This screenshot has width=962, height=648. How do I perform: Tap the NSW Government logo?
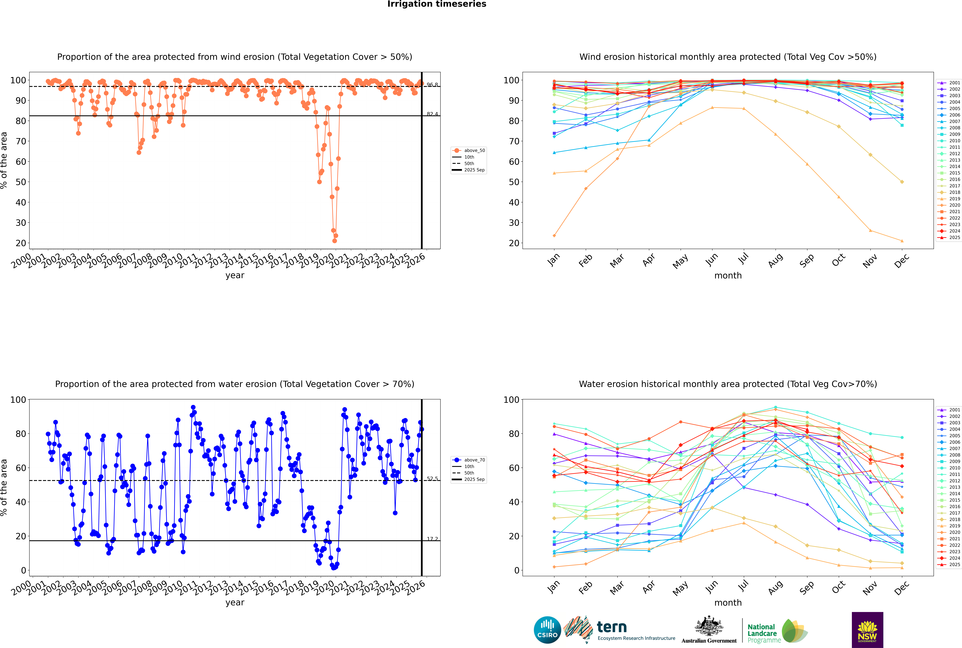(867, 630)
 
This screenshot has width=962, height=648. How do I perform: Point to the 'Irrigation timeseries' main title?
(437, 4)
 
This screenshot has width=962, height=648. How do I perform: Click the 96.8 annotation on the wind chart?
(432, 85)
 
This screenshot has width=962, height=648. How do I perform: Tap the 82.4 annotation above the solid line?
(432, 114)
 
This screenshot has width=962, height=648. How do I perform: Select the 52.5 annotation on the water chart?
(432, 479)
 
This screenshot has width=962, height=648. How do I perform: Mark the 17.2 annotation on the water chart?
(432, 539)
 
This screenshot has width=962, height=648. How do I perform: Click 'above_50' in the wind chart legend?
(474, 150)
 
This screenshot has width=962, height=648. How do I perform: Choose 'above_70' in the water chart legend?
(474, 460)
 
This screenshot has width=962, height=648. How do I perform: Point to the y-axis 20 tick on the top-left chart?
(21, 243)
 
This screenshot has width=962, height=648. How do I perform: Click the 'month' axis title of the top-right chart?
(728, 276)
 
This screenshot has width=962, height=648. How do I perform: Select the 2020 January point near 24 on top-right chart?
(554, 236)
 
